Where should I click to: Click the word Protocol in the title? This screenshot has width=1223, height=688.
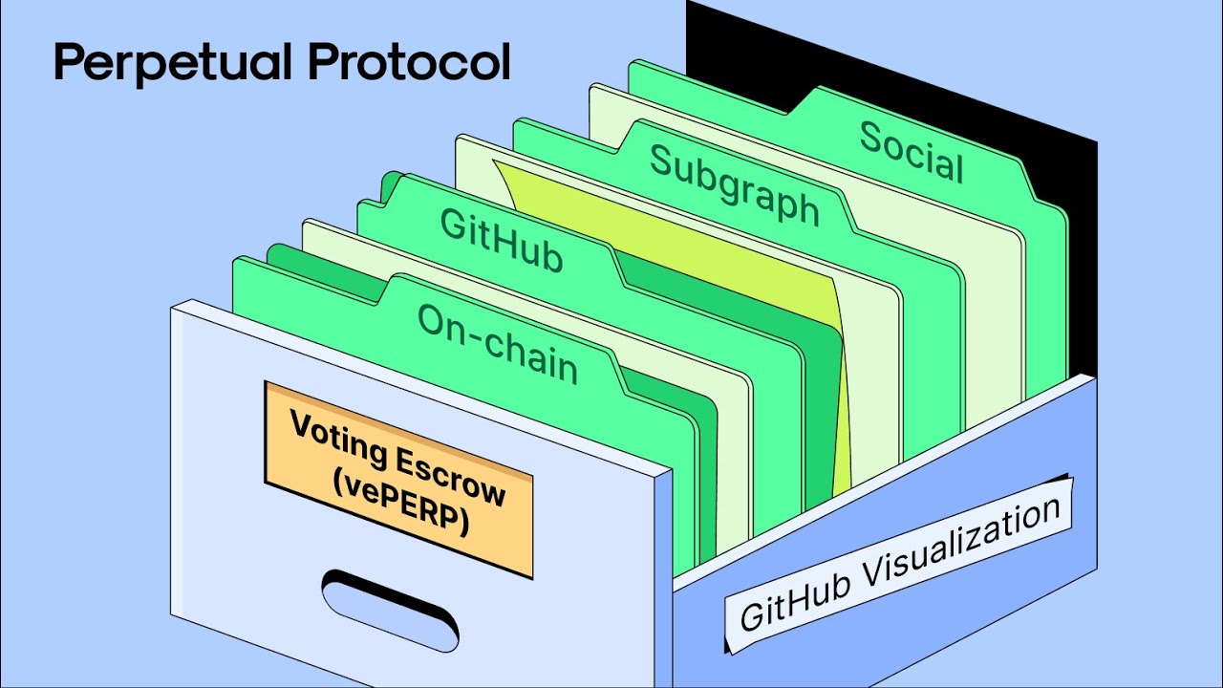(x=408, y=63)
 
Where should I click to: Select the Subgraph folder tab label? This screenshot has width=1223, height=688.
(x=734, y=184)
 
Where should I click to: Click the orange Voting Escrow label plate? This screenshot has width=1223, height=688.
(x=398, y=478)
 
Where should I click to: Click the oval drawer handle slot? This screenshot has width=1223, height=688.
(x=390, y=609)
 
